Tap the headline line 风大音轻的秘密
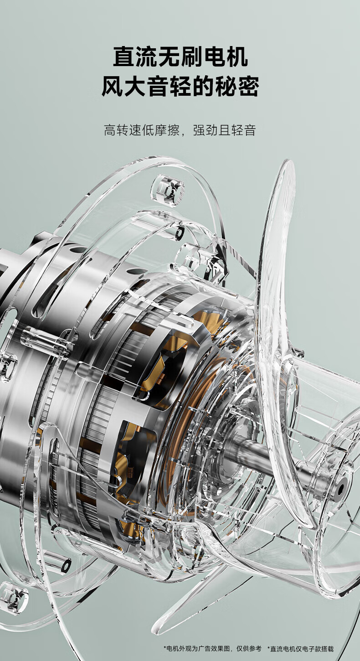pos(180,86)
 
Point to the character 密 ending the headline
pos(248,86)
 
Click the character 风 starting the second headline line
pos(113,86)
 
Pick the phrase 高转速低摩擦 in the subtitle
pos(142,130)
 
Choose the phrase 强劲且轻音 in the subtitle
pos(224,130)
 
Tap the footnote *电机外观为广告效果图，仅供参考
pos(212,648)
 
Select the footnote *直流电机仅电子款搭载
pos(300,648)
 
